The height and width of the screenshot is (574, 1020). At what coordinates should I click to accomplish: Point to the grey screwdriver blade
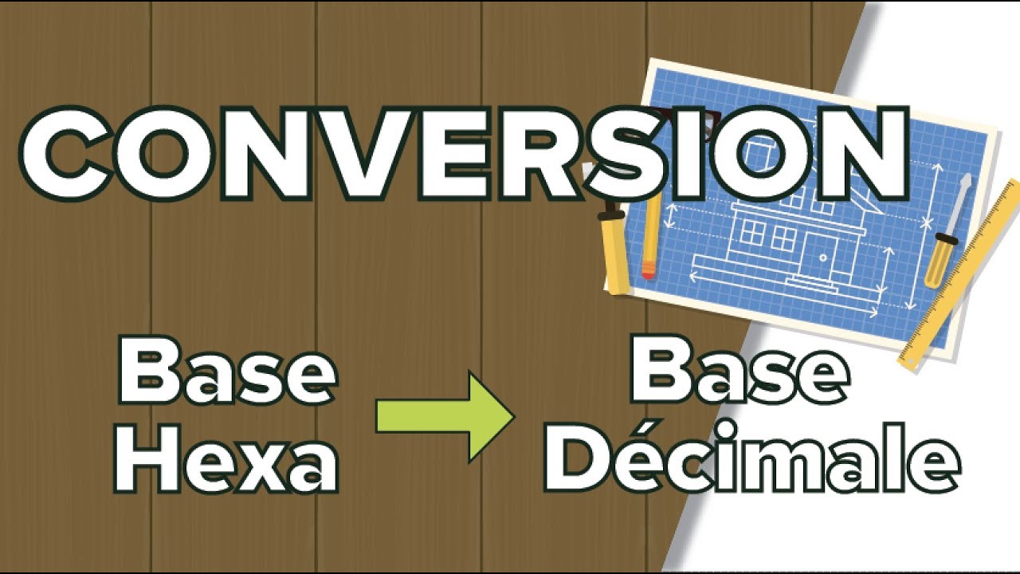pyautogui.click(x=960, y=199)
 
